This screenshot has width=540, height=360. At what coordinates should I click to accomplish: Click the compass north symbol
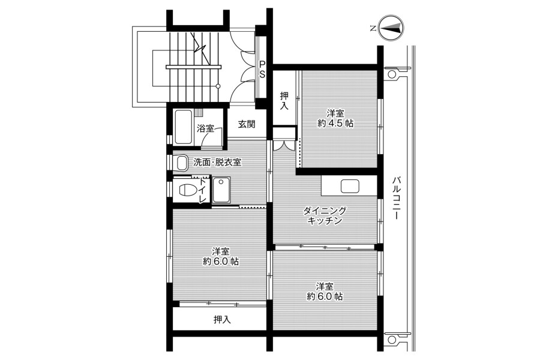coord(391,28)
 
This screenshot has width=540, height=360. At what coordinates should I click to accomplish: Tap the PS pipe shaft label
coord(262,69)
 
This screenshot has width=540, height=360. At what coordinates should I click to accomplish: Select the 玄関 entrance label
coord(247,124)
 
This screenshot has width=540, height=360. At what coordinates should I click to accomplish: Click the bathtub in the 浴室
coord(183,127)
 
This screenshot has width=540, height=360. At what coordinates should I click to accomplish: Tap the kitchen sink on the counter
coord(350,187)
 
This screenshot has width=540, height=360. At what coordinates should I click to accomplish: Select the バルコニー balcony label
coord(396,198)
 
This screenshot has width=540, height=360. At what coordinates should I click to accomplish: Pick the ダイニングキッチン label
coord(325,215)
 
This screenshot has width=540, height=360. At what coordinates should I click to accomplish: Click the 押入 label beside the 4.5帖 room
coord(284,101)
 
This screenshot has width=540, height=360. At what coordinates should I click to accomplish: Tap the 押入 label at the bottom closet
coord(222,320)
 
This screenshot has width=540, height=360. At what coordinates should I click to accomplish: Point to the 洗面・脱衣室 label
coord(217,162)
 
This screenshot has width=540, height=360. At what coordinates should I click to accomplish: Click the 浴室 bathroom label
coord(205,128)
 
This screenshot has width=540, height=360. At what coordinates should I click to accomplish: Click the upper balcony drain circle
coord(392,74)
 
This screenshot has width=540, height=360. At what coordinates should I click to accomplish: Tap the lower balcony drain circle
coord(392,340)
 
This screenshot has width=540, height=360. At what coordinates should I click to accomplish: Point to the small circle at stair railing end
coord(218,86)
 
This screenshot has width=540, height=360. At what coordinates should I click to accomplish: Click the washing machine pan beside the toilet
coord(221,190)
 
